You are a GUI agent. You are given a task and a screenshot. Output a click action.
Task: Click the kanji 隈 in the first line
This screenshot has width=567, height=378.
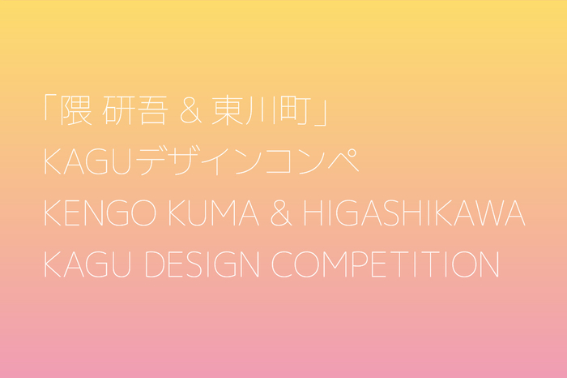76,110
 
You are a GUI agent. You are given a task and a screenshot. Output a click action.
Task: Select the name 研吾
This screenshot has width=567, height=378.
135,110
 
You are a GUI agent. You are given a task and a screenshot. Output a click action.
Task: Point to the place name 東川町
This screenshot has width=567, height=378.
262,110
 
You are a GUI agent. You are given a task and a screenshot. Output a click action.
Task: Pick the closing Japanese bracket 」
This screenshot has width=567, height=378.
321,114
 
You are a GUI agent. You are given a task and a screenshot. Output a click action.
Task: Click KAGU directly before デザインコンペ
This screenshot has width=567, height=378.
87,162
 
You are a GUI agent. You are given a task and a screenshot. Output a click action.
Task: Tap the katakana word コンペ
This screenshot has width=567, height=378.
312,161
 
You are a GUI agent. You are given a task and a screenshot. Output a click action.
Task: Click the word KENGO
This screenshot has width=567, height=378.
100,213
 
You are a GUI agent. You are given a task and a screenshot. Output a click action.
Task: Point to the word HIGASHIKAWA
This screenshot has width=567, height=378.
415,213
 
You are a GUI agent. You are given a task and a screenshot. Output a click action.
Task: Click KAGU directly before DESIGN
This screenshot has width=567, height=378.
87,264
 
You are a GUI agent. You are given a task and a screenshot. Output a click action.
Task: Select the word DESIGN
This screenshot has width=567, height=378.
202,264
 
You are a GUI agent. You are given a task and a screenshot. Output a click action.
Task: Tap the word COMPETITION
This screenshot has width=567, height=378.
386,264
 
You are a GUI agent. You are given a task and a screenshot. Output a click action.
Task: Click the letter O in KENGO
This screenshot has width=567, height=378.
143,213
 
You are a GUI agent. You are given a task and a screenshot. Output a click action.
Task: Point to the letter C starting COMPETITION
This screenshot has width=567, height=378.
282,264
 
